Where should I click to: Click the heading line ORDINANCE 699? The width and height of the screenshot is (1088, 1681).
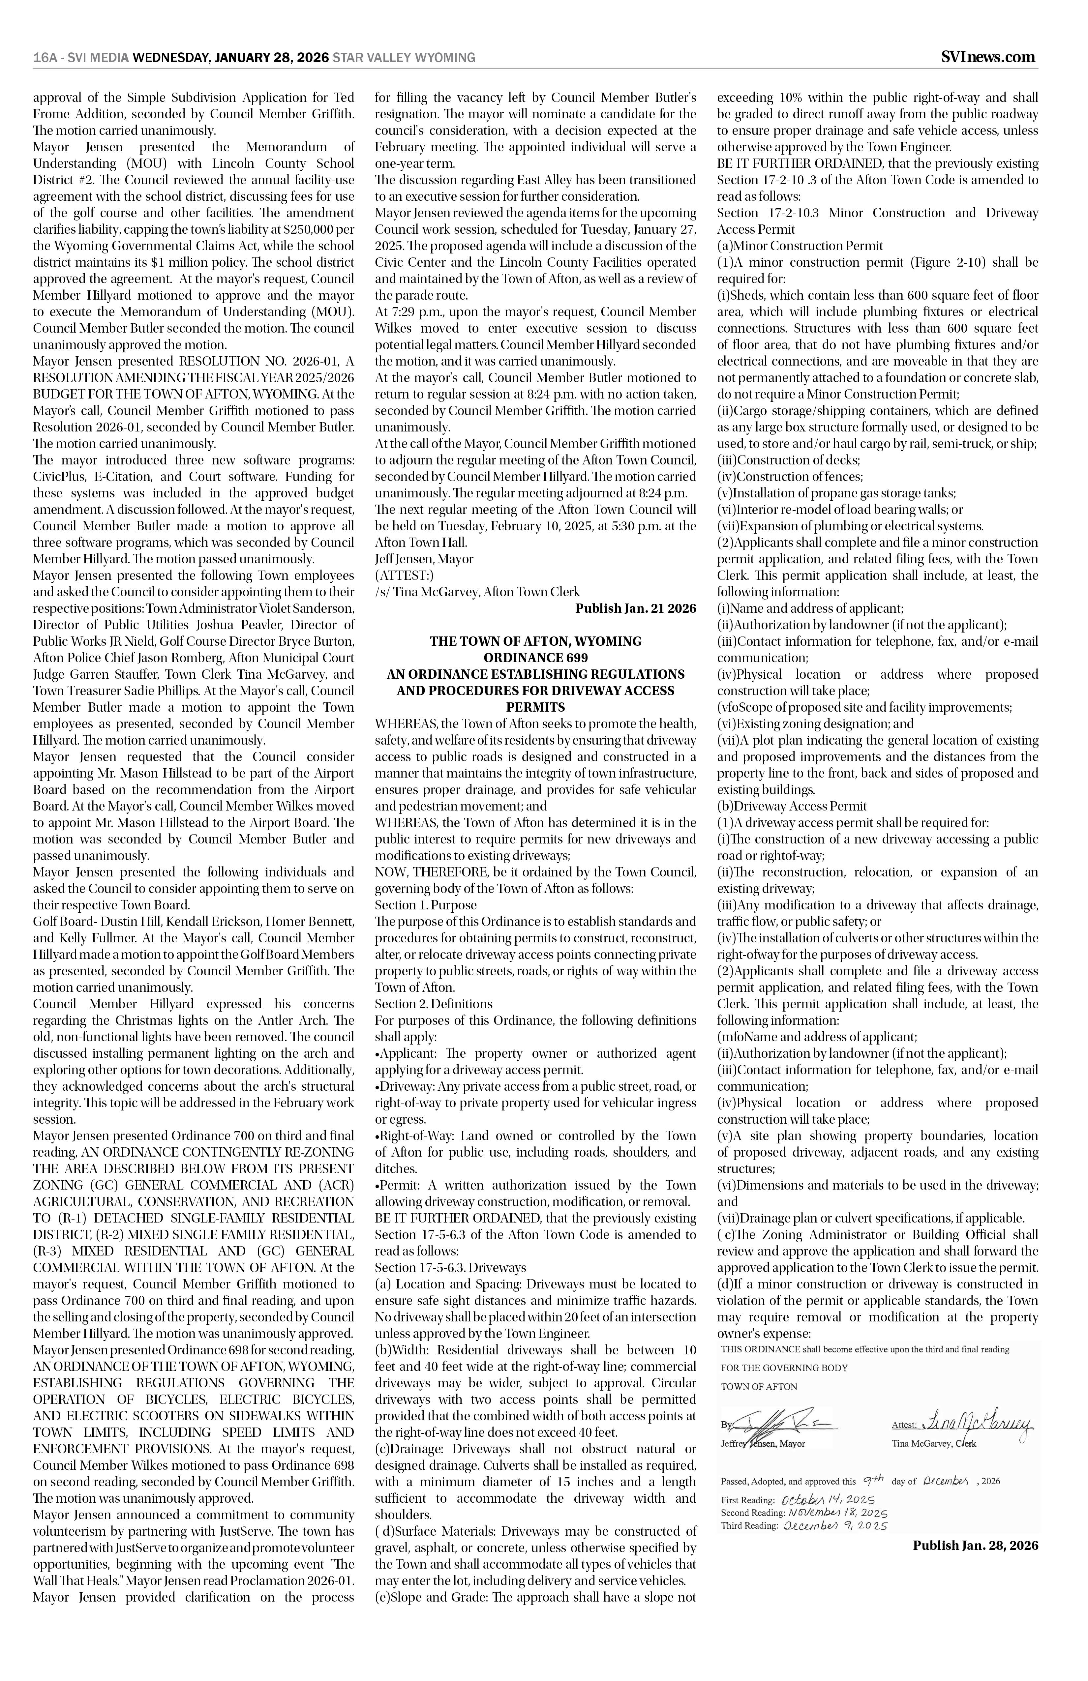click(x=536, y=658)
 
